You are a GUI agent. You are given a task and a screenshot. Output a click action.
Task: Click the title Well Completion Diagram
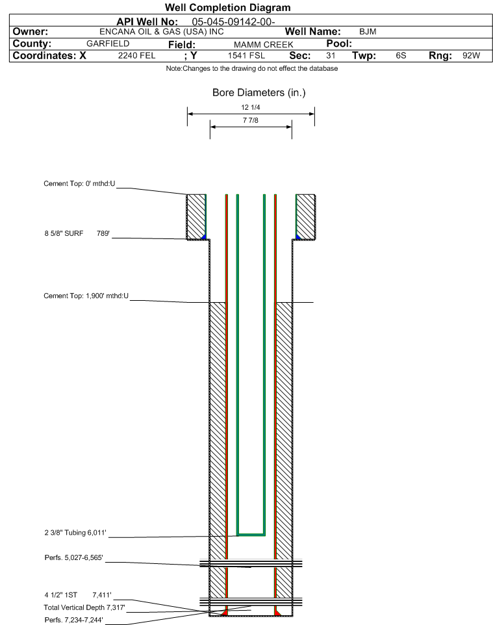(x=227, y=8)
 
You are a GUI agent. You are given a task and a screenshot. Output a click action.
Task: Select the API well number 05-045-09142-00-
(x=234, y=22)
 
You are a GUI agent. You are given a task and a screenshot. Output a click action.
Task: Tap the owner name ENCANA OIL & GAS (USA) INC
(x=162, y=32)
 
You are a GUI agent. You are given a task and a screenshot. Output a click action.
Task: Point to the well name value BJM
(x=368, y=32)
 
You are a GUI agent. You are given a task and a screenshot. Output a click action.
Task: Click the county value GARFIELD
(x=108, y=44)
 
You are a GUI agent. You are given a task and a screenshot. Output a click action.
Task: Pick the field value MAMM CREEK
(x=264, y=45)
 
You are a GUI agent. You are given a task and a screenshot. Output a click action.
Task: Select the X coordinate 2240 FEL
(x=136, y=55)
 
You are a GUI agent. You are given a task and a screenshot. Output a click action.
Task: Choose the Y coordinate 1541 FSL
(x=246, y=55)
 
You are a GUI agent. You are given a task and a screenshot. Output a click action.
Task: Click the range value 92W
(x=471, y=55)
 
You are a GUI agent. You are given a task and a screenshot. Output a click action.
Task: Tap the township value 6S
(x=401, y=55)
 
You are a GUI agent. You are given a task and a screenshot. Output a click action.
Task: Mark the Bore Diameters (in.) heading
(x=259, y=93)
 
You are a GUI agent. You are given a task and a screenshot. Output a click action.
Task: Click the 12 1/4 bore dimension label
(x=251, y=107)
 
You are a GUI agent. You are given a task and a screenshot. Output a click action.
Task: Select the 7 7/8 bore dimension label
(x=251, y=120)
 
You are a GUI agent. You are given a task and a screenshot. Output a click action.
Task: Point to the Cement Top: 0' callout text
(x=79, y=184)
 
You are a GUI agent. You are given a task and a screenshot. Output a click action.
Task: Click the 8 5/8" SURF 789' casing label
(x=77, y=234)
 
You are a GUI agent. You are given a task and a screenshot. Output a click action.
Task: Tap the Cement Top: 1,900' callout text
(x=86, y=296)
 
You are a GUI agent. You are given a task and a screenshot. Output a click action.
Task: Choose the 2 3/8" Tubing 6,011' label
(x=75, y=533)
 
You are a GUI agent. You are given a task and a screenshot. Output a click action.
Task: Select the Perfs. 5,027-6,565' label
(x=74, y=557)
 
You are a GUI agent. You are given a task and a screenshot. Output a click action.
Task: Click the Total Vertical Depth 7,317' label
(x=84, y=607)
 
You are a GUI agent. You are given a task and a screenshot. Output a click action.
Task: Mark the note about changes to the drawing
(x=252, y=69)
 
